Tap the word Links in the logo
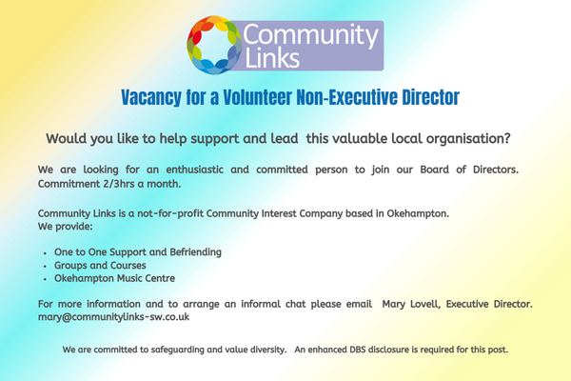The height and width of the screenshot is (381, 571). point(272,57)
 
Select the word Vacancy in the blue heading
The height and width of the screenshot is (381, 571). point(151,97)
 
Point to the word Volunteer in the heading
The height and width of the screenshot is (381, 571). point(258,97)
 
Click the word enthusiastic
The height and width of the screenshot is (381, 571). point(195,170)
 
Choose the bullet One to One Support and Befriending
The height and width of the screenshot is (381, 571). point(138,252)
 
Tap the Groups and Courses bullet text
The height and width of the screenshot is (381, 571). point(100,266)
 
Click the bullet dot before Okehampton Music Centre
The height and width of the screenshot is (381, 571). point(45,279)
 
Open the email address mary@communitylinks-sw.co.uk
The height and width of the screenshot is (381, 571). point(113,317)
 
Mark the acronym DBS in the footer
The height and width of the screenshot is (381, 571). point(358,350)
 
